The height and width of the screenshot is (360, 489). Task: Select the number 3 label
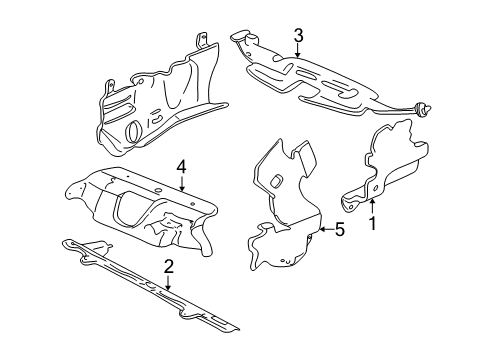pos(298,38)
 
